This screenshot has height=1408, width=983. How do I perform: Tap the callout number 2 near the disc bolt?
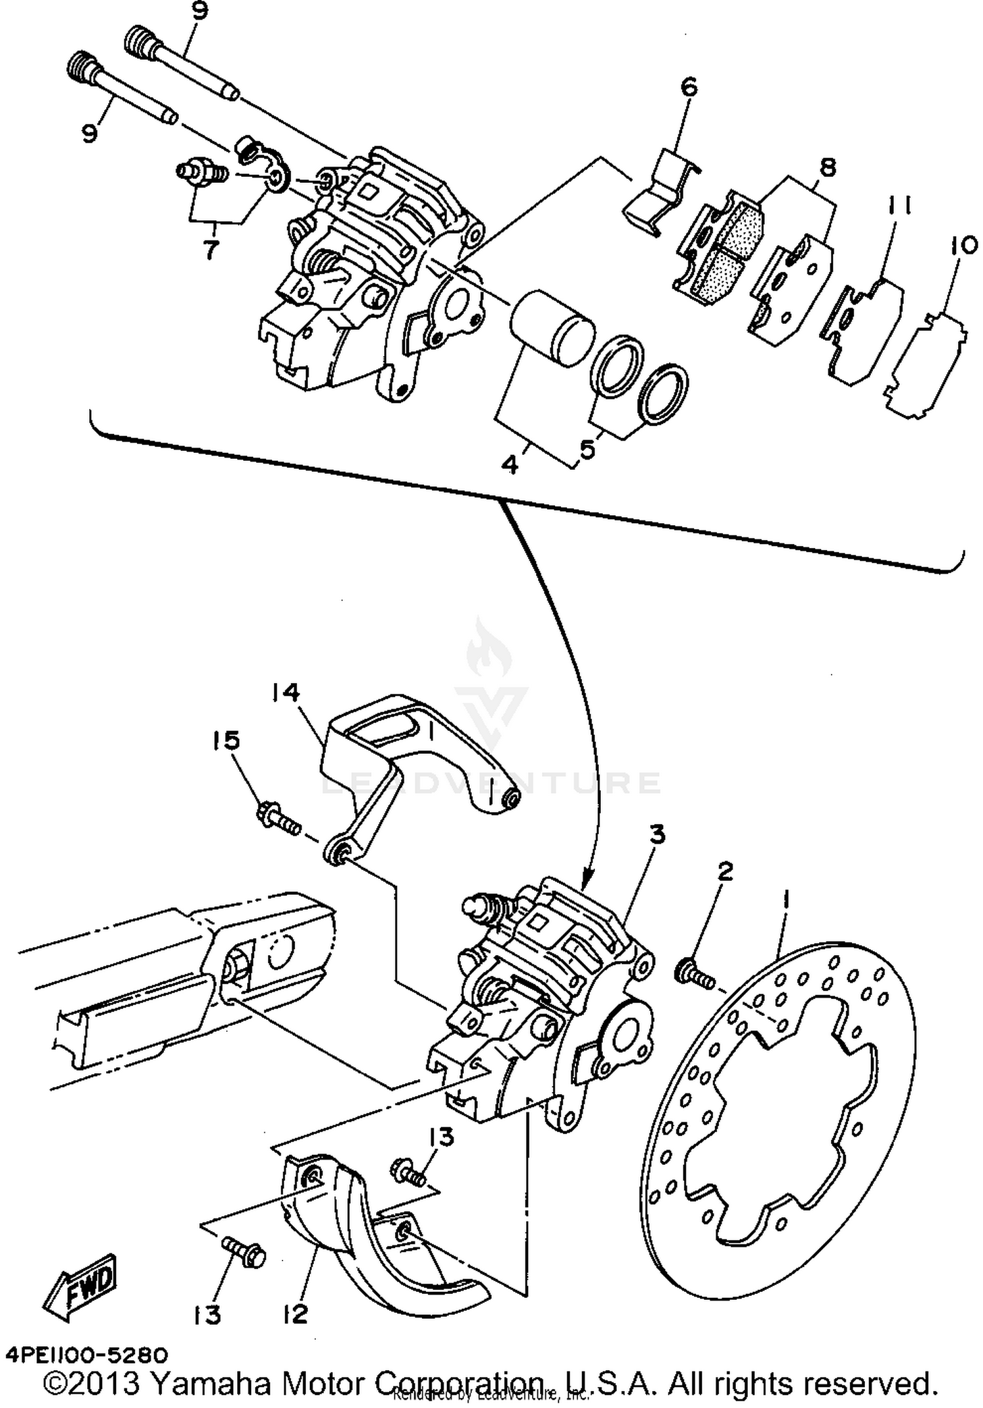tap(724, 872)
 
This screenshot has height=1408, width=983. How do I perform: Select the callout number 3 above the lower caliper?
tap(657, 835)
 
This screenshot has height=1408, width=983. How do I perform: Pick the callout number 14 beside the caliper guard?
tap(286, 693)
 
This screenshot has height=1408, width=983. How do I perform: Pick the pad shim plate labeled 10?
tap(925, 364)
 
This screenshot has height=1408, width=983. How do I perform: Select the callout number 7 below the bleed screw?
tap(210, 250)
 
